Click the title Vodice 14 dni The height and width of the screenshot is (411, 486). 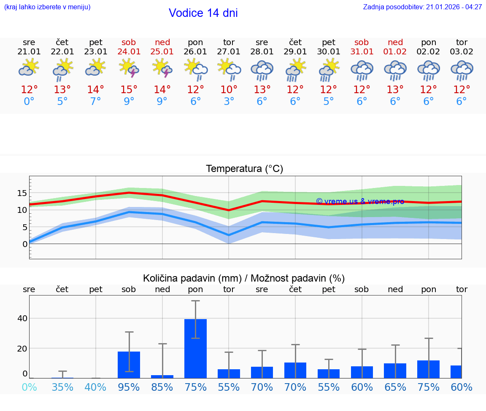[203, 13]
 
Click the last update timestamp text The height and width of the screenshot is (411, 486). [422, 7]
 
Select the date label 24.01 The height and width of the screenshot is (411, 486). [129, 52]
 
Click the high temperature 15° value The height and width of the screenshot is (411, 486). [129, 90]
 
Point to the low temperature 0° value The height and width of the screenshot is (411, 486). [29, 102]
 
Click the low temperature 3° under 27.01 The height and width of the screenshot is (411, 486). [229, 102]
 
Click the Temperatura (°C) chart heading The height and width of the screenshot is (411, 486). [244, 169]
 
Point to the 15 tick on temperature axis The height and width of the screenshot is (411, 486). [22, 193]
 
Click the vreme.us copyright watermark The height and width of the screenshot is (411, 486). [360, 201]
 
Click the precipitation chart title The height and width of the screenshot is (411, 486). [244, 278]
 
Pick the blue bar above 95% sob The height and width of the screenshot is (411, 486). [129, 365]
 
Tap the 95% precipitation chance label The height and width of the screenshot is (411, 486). [129, 387]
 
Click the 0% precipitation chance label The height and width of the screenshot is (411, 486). [29, 387]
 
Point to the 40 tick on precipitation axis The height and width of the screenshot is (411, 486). [22, 318]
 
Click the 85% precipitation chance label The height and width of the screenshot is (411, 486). [162, 387]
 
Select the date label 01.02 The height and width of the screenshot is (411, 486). [395, 52]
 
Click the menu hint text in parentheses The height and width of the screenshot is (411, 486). [47, 7]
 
